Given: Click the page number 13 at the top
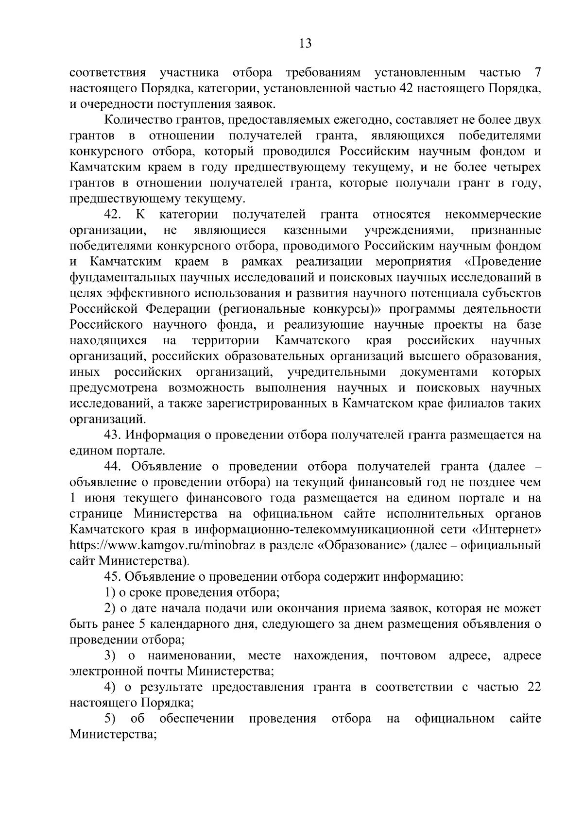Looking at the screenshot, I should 305,44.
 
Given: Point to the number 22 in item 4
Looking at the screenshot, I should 533,687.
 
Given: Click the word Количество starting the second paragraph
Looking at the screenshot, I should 139,119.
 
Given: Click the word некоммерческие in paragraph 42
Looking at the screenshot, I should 493,214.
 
